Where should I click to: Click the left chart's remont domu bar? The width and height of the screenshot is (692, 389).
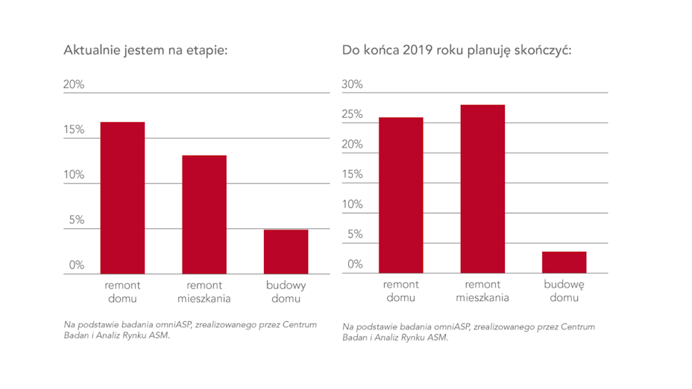coord(123,197)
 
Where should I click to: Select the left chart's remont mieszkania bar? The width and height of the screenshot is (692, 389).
coord(204,214)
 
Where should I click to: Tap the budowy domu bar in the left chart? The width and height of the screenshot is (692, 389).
coord(286,251)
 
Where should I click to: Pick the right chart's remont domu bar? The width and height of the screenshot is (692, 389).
coord(401,195)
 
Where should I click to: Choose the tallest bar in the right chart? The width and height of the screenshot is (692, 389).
coord(482,189)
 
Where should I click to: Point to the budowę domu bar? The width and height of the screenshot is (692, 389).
coord(564,262)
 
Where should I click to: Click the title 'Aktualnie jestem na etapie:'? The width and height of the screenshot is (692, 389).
coord(145,51)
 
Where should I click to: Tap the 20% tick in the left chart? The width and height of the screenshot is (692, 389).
coord(74,84)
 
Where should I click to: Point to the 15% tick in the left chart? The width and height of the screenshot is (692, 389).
coord(74,130)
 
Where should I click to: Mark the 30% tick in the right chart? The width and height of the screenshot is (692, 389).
coord(352,84)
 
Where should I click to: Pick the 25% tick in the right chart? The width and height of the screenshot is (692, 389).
coord(352,115)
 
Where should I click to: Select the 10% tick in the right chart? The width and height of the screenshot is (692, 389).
coord(352,204)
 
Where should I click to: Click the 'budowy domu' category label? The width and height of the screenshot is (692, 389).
coord(286,291)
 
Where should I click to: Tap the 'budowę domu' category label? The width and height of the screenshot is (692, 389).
coord(564,291)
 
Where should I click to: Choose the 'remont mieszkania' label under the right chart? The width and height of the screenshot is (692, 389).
coord(482,291)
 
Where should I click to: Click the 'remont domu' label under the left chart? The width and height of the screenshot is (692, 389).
coord(123,291)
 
